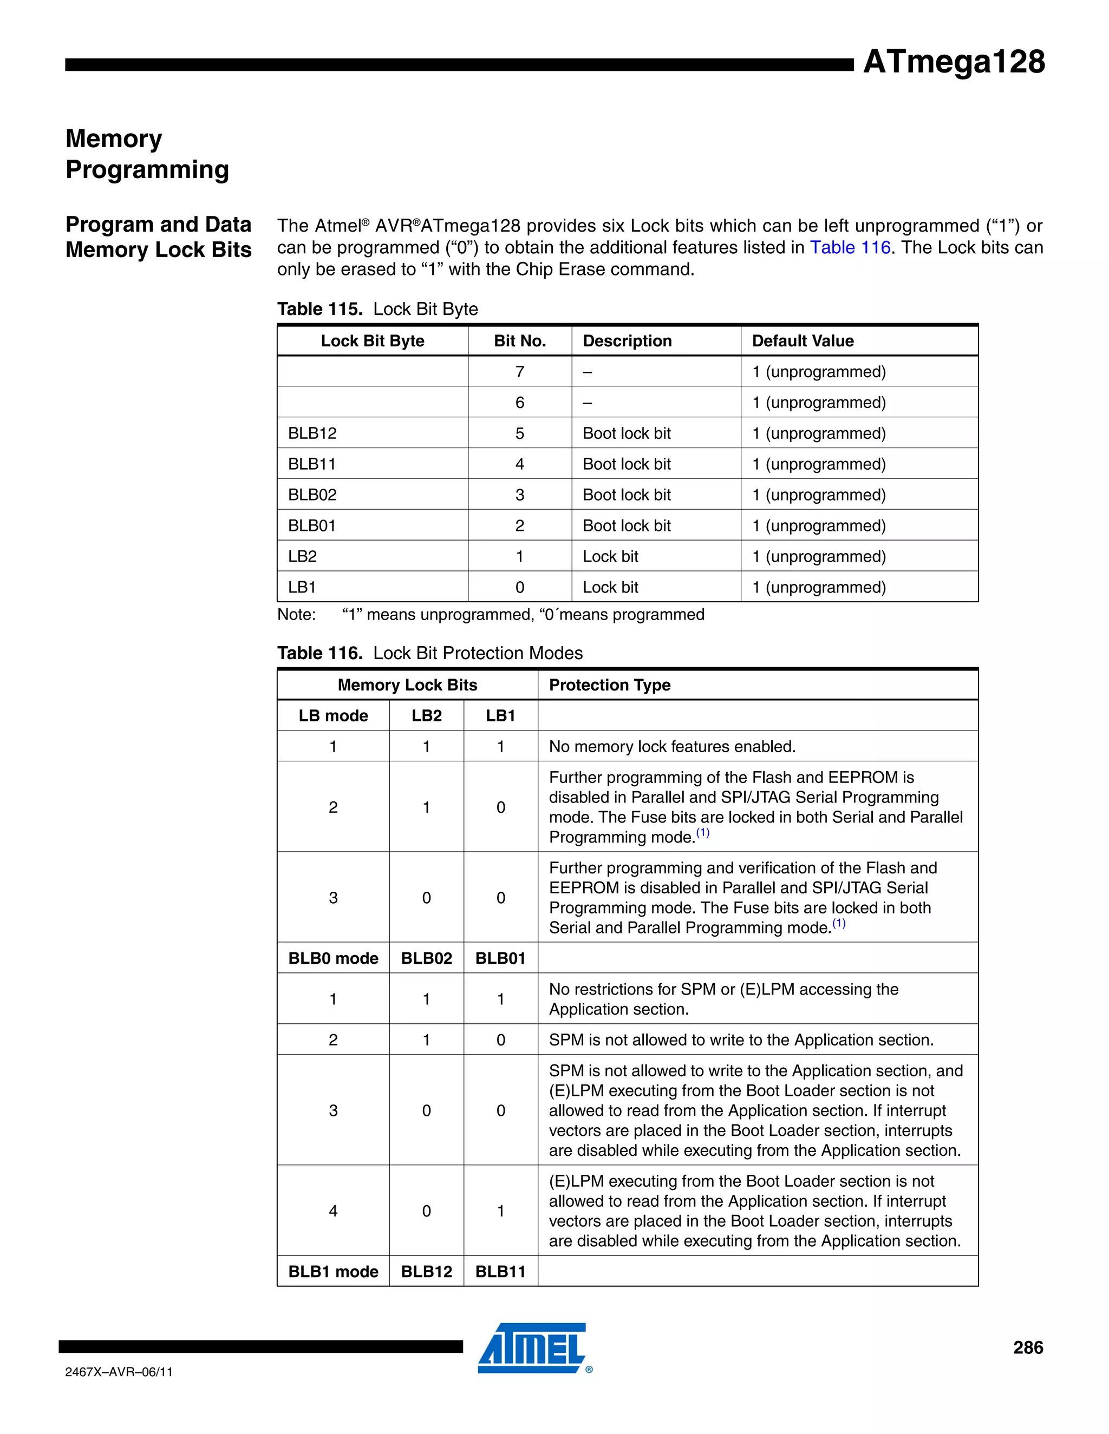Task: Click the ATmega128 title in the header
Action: [953, 62]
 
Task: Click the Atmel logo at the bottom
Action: [532, 1347]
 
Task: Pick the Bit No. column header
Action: [520, 341]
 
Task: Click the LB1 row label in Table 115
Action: [302, 587]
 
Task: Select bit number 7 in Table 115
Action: [520, 372]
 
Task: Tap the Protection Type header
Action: [609, 685]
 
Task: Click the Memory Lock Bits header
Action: [407, 685]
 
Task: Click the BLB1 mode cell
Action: [333, 1271]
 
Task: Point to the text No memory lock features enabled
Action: [672, 747]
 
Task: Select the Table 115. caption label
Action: [320, 309]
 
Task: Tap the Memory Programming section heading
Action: [147, 154]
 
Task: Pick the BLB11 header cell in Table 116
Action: [501, 1271]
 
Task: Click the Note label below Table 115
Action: [296, 615]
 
